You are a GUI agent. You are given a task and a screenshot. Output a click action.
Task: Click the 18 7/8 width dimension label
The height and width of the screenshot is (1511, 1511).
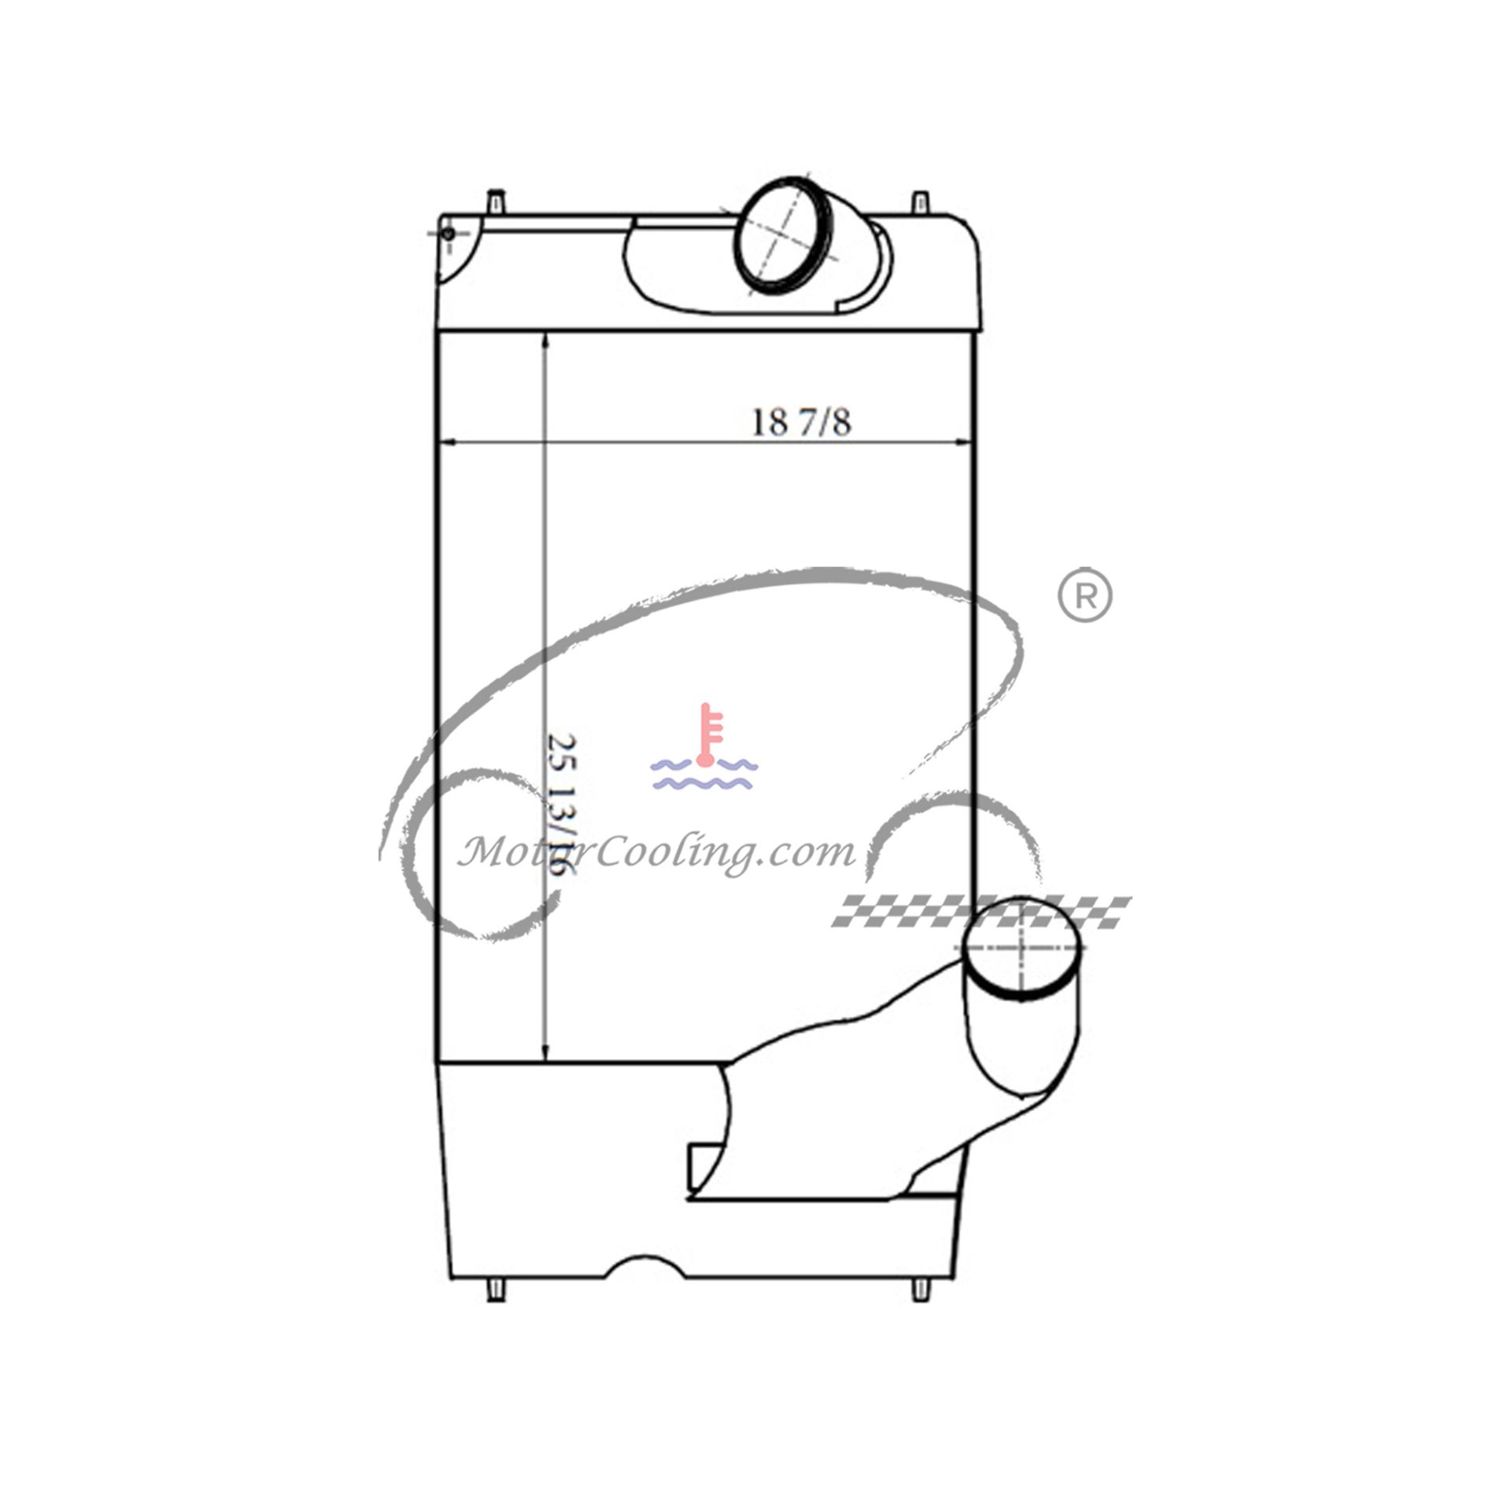click(801, 423)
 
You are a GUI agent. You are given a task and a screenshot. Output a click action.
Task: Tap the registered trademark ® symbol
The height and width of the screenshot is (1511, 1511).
click(1084, 597)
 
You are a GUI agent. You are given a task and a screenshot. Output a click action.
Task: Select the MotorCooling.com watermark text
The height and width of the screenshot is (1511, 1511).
click(656, 852)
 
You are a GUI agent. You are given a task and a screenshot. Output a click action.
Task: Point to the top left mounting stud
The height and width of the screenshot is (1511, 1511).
click(495, 201)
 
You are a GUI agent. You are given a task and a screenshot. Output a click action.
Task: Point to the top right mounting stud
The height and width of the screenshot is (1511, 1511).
click(920, 202)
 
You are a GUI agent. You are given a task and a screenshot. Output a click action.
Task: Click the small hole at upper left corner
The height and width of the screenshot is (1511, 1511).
click(448, 234)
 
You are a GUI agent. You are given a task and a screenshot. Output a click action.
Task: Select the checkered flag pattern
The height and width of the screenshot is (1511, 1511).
click(982, 911)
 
